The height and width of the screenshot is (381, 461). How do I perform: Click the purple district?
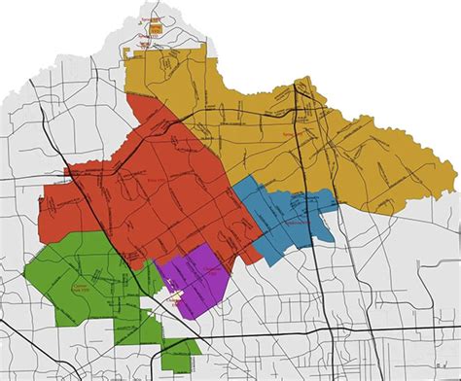tap(197, 277)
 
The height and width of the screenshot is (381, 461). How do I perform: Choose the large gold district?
tap(321, 136)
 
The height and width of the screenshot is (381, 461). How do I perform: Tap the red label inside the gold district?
tap(286, 131)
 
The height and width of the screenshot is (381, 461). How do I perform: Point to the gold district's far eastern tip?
tap(455, 175)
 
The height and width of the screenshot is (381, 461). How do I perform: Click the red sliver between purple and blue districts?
tap(250, 254)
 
